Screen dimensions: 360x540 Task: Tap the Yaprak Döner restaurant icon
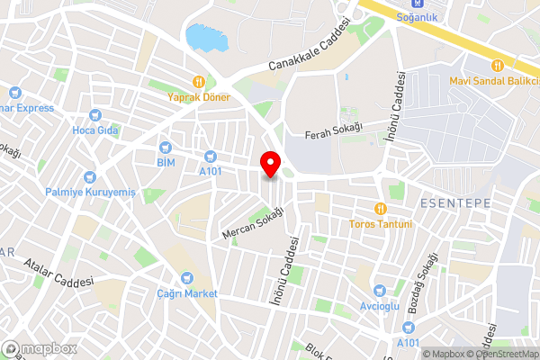tap(198, 80)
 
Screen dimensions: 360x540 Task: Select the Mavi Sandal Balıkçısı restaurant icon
tap(496, 64)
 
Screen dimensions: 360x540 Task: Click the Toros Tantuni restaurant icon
tap(381, 209)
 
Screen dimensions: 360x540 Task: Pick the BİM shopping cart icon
tap(165, 147)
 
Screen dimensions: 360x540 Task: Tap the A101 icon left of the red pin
tap(210, 155)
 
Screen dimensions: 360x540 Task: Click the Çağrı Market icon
tap(186, 278)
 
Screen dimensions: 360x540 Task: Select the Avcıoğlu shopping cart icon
tap(380, 290)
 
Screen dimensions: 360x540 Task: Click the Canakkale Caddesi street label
tap(309, 49)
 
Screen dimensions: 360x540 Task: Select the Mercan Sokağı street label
tap(253, 222)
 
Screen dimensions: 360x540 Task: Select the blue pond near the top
tap(205, 38)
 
